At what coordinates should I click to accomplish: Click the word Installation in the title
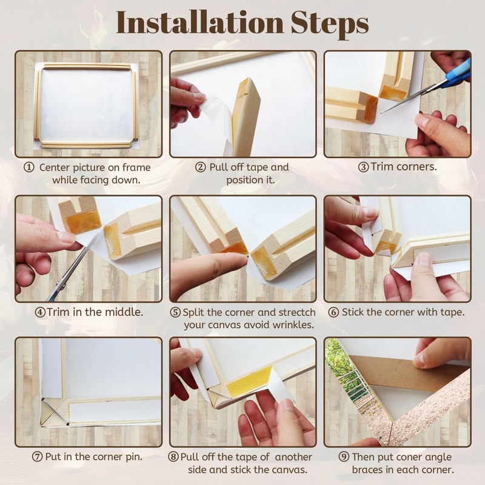pos(199,22)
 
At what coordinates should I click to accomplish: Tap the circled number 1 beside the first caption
pos(28,167)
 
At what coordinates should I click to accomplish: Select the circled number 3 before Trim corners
pos(363,167)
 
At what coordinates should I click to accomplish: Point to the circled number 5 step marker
pos(175,312)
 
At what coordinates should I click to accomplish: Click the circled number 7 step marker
pos(37,457)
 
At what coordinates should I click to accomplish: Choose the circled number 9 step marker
pos(344,457)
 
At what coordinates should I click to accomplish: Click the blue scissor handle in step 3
pos(457,74)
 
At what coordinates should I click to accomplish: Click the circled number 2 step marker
pos(201,167)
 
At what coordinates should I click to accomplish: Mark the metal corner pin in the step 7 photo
pos(56,412)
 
